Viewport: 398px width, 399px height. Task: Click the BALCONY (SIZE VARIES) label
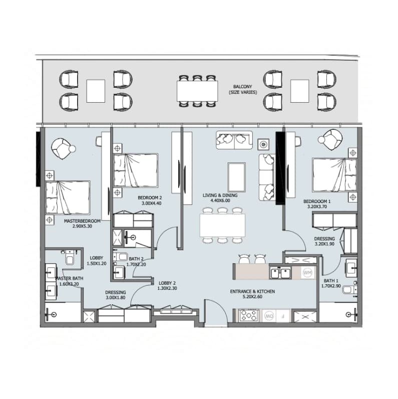(x=243, y=90)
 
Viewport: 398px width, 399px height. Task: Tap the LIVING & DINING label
(x=220, y=195)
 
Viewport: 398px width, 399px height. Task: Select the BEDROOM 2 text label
(x=150, y=197)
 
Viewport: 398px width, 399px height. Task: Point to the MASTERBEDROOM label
(x=82, y=221)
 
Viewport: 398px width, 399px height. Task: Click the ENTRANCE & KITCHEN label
(x=252, y=292)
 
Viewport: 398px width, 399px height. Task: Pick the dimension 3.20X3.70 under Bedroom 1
(x=317, y=207)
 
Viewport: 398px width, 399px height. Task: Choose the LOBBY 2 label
(x=167, y=283)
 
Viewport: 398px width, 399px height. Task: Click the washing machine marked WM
(x=308, y=273)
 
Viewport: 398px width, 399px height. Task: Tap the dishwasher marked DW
(x=269, y=316)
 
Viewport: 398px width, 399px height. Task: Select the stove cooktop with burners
(x=248, y=316)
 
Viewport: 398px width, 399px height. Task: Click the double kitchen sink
(x=280, y=273)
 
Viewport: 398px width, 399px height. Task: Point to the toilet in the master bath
(x=70, y=258)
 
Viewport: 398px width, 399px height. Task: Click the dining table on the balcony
(x=197, y=91)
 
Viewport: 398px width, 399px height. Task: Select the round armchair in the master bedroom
(x=63, y=148)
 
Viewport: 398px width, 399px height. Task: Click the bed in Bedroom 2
(x=136, y=170)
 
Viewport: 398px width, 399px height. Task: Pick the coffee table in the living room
(x=237, y=177)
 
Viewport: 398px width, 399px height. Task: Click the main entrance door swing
(x=216, y=312)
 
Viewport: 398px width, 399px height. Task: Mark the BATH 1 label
(x=331, y=281)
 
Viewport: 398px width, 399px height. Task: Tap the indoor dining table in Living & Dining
(x=222, y=225)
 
